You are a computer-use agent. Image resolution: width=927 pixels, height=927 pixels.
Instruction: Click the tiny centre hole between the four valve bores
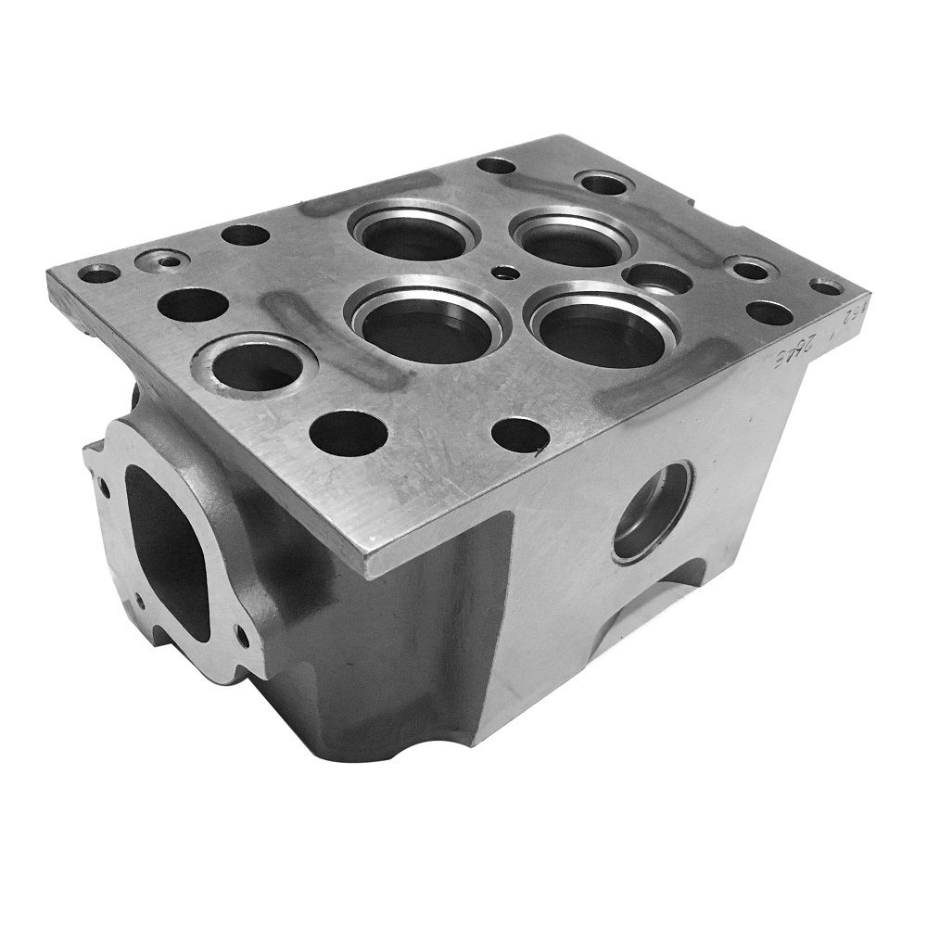tap(503, 273)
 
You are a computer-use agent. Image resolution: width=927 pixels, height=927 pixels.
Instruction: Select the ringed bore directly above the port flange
tap(257, 367)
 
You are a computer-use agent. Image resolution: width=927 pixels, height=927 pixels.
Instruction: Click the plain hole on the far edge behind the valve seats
tap(496, 167)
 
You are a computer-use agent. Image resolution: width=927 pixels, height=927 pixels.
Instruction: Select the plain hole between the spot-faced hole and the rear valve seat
tap(246, 235)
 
